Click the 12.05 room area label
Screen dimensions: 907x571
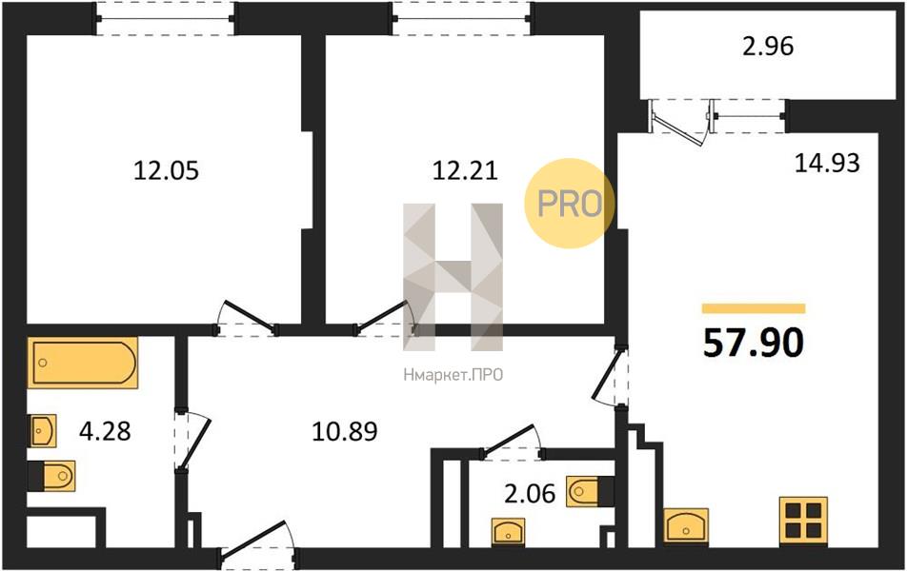click(166, 170)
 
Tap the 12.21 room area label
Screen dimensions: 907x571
click(465, 170)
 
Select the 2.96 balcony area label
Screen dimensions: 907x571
click(768, 47)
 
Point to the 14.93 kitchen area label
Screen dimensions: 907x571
click(827, 163)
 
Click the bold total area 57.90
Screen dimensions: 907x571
click(753, 343)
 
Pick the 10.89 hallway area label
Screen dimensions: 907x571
click(345, 431)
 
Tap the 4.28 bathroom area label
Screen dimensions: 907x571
click(105, 431)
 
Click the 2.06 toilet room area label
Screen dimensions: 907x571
click(530, 494)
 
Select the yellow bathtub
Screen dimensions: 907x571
click(83, 363)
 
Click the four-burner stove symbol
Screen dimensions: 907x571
click(803, 521)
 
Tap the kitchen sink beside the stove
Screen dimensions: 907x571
click(686, 525)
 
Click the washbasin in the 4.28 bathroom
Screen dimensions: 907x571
click(43, 430)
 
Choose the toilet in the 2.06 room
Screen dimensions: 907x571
click(590, 492)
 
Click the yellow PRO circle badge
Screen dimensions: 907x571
click(570, 204)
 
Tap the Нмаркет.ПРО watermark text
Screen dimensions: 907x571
click(453, 375)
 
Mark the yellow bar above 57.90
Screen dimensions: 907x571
click(754, 308)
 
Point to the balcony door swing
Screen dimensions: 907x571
click(678, 123)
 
